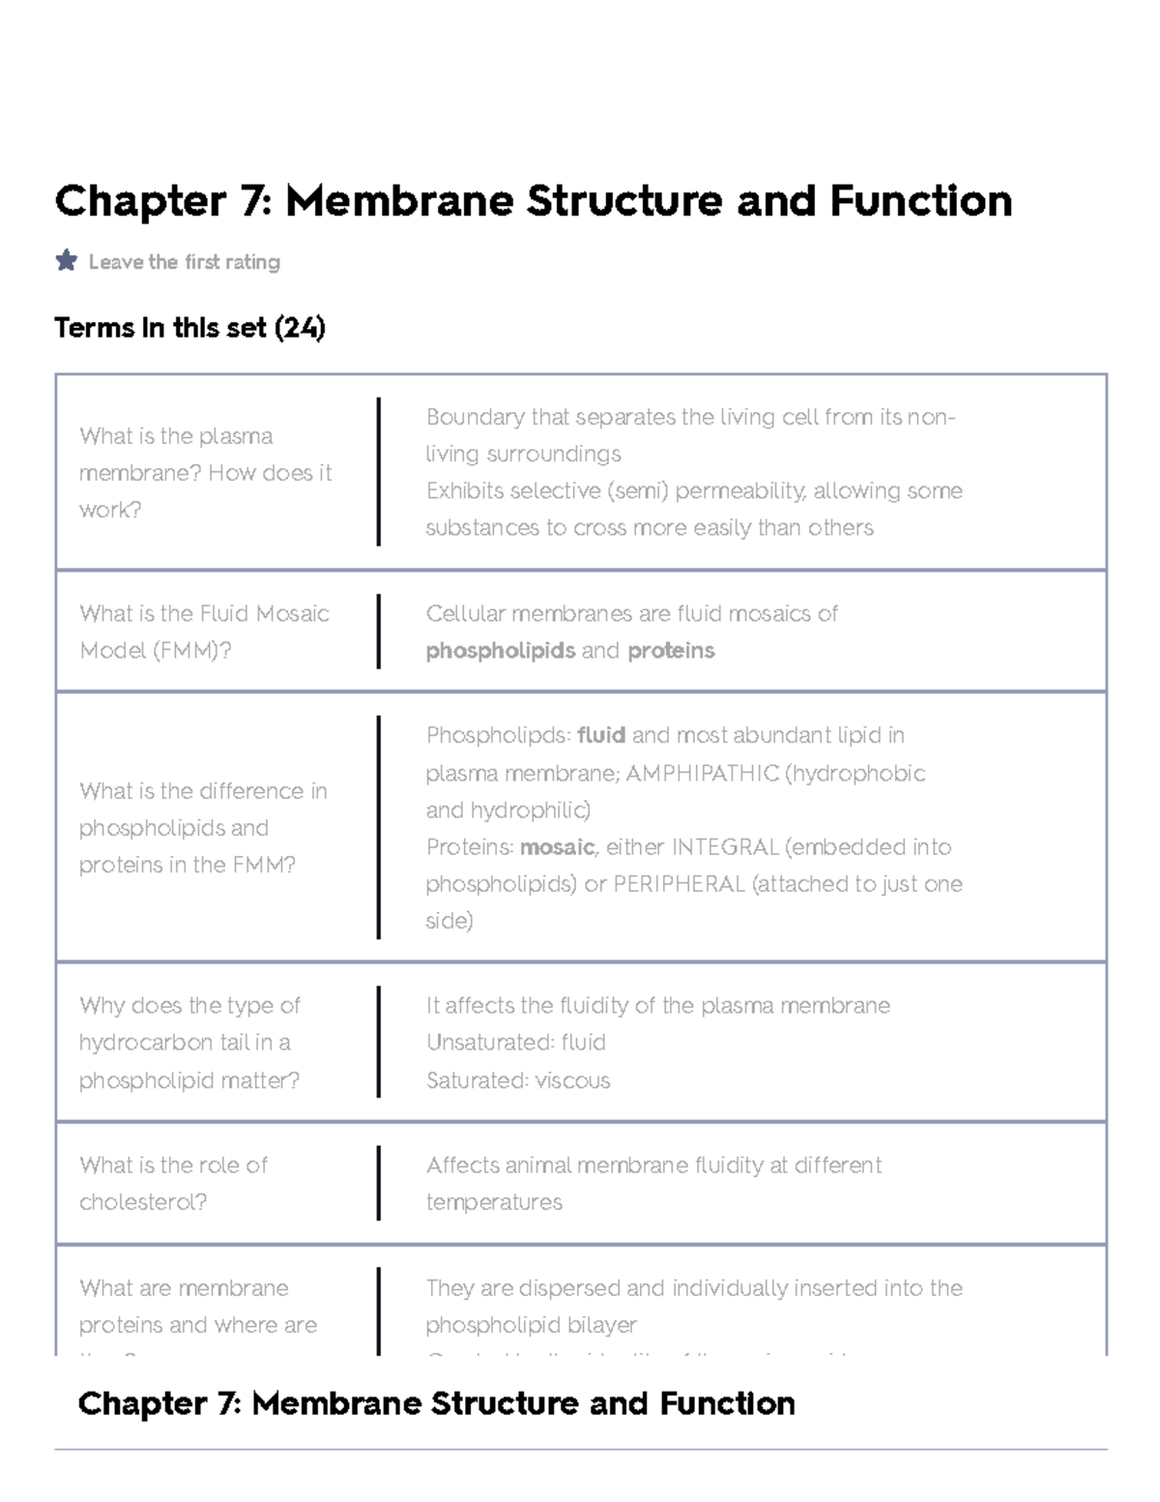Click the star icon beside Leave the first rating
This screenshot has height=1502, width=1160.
coord(67,260)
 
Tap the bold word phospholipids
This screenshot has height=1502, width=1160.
coord(501,651)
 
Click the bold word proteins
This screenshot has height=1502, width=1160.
coord(671,651)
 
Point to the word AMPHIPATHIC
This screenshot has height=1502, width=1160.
coord(702,774)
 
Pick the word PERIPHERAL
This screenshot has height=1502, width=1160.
coord(679,884)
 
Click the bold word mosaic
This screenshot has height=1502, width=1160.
coord(558,847)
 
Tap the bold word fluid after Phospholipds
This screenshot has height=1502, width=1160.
coord(601,735)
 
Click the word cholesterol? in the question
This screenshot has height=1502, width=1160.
coord(143,1202)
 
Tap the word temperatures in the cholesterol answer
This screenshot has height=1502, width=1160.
coord(494,1202)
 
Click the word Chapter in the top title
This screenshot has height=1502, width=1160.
coord(140,201)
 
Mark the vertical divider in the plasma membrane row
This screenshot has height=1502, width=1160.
coord(378,472)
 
